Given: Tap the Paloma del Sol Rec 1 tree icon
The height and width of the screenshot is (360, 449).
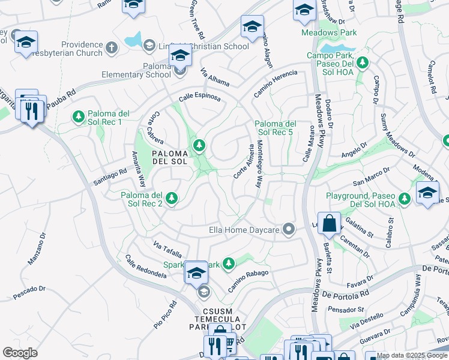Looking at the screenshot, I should point(78,116).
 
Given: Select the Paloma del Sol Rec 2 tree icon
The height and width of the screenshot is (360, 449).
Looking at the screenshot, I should point(172,198).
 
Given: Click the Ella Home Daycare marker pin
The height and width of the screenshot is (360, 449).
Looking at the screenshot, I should point(289,229).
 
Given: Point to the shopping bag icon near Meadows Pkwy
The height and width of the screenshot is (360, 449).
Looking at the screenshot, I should point(329,224).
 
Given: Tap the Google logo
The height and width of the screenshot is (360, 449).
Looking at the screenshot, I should point(20,352).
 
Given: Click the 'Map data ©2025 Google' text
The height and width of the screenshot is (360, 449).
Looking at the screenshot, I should point(412,355).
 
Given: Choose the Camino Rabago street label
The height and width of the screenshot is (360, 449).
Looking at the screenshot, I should point(247,280).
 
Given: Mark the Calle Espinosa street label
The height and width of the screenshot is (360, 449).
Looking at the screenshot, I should point(199,97).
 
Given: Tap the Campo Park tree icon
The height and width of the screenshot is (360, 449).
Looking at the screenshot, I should point(362,62).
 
